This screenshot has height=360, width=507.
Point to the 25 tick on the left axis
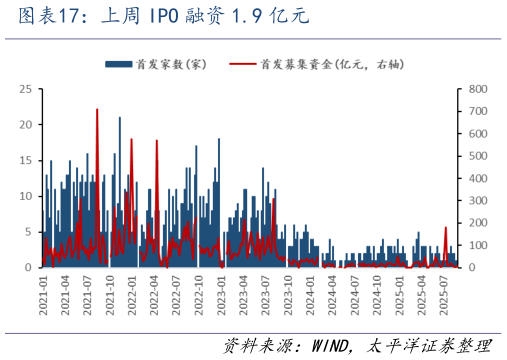coord(25,89)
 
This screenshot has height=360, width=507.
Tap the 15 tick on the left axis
coord(25,160)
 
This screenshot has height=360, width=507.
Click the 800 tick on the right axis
coord(477,89)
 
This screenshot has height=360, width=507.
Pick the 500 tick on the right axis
coord(477,156)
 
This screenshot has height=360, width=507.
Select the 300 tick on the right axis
coord(477,201)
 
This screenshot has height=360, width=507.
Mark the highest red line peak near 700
coord(97,109)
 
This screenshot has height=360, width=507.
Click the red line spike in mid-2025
coord(445,228)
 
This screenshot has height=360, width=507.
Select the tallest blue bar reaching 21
coord(120,118)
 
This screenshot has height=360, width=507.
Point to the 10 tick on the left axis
coord(25,196)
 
